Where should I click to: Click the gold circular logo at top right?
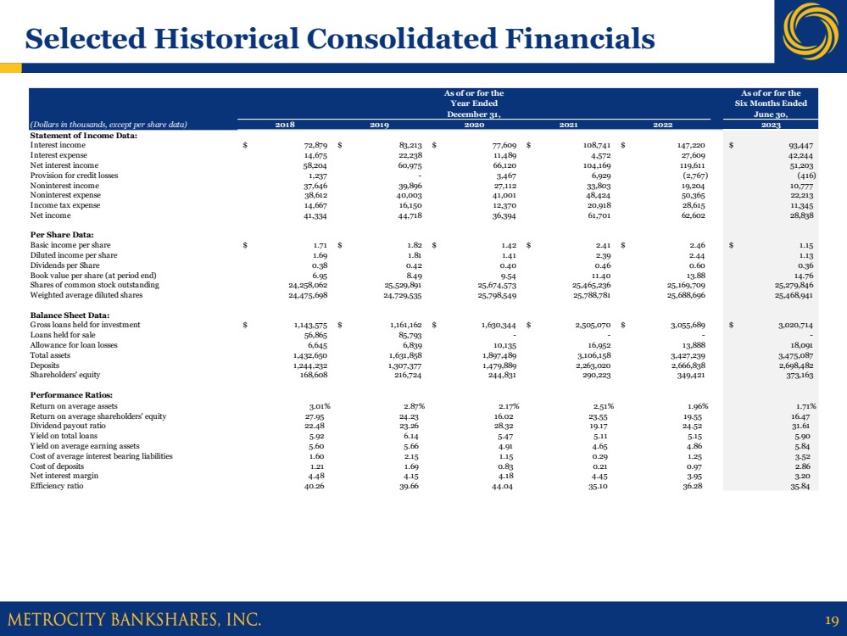(811, 31)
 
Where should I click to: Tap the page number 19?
(830, 619)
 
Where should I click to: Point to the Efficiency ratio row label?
(57, 486)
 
